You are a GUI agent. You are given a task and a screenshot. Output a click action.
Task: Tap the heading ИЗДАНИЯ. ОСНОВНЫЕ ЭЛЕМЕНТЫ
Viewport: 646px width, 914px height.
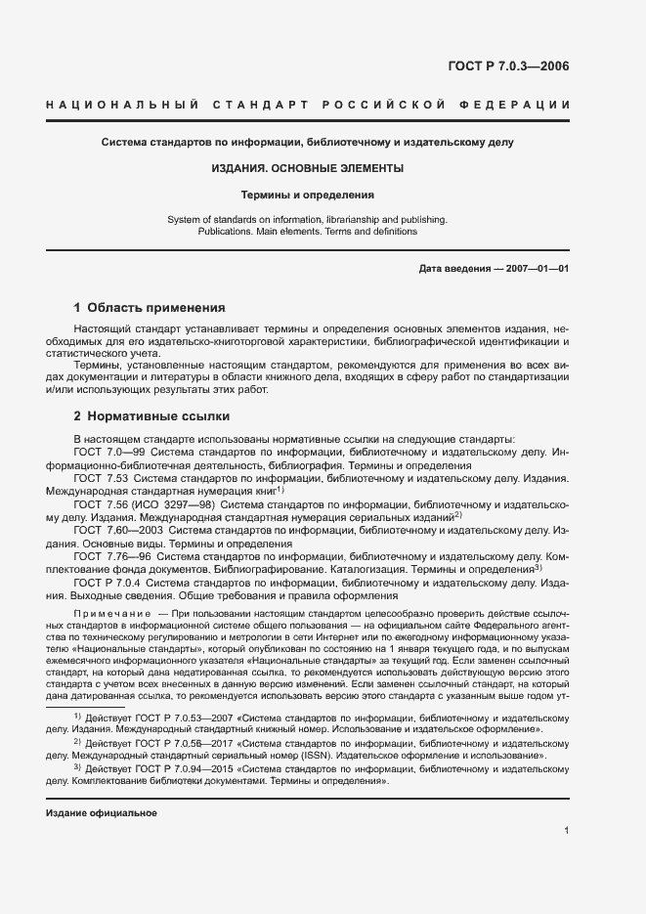pos(308,169)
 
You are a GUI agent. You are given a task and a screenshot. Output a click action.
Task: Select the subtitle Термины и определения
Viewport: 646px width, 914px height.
pos(308,195)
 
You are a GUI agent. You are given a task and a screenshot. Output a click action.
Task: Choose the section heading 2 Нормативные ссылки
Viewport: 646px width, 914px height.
pos(138,416)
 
